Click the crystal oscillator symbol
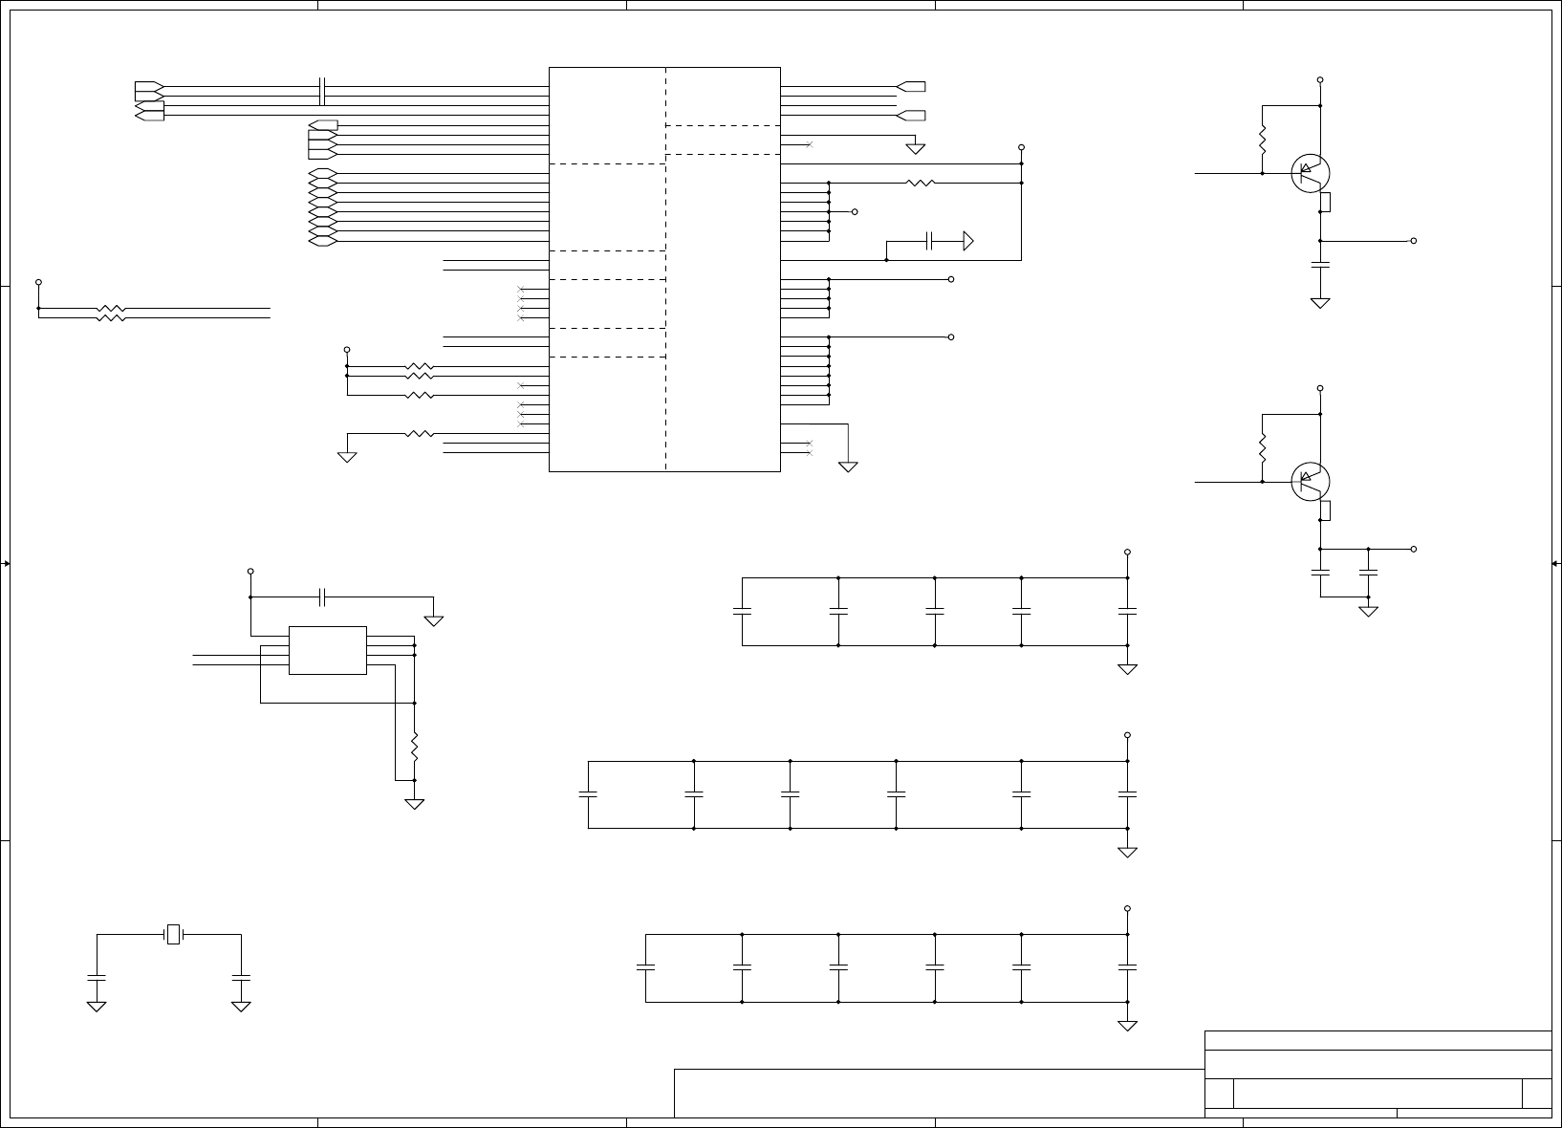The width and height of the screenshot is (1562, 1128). pyautogui.click(x=173, y=934)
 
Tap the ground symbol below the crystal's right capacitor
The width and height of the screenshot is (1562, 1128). pyautogui.click(x=241, y=1006)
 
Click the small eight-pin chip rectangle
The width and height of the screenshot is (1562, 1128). pyautogui.click(x=327, y=650)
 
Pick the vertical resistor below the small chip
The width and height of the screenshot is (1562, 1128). pyautogui.click(x=414, y=747)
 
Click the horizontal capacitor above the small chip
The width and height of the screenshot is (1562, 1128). pyautogui.click(x=323, y=597)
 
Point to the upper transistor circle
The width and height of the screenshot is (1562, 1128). pyautogui.click(x=1310, y=173)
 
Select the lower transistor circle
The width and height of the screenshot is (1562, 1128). pyautogui.click(x=1310, y=481)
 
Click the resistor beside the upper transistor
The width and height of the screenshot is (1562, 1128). pyautogui.click(x=1263, y=141)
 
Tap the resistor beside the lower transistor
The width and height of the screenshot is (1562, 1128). pyautogui.click(x=1263, y=447)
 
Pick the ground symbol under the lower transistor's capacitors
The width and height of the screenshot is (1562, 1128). pyautogui.click(x=1368, y=610)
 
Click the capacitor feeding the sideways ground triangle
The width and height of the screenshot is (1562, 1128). pyautogui.click(x=929, y=241)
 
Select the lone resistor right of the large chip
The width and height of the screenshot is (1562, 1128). pyautogui.click(x=920, y=183)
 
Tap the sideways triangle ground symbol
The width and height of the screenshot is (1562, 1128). pyautogui.click(x=967, y=241)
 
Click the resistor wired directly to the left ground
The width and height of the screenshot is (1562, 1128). pyautogui.click(x=419, y=434)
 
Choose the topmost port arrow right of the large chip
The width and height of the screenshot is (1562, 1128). pyautogui.click(x=911, y=87)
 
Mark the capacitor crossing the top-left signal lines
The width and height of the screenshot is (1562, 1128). pyautogui.click(x=323, y=92)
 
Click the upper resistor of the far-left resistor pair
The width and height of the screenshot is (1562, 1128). pyautogui.click(x=111, y=309)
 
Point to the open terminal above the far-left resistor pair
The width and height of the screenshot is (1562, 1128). pyautogui.click(x=38, y=282)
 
